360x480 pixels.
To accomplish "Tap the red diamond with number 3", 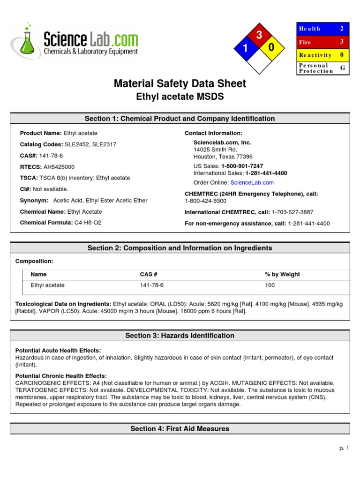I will (259, 36).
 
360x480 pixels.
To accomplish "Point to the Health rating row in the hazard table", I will (323, 29).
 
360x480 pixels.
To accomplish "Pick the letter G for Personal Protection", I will (342, 68).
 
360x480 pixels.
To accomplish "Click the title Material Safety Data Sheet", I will (180, 83).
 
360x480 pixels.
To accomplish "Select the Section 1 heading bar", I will (180, 119).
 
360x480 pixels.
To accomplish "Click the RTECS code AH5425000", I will (59, 167).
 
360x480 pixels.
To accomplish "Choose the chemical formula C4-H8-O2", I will (88, 223).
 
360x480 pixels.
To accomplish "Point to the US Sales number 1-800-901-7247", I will (242, 166).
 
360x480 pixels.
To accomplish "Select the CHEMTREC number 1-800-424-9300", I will (205, 201).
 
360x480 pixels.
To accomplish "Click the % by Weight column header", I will (282, 274).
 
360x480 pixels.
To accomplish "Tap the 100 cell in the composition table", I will (270, 285).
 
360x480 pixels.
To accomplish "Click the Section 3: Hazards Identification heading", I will (180, 336).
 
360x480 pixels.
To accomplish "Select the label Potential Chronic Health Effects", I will (61, 376).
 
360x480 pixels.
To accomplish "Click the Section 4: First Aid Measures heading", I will (180, 428).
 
